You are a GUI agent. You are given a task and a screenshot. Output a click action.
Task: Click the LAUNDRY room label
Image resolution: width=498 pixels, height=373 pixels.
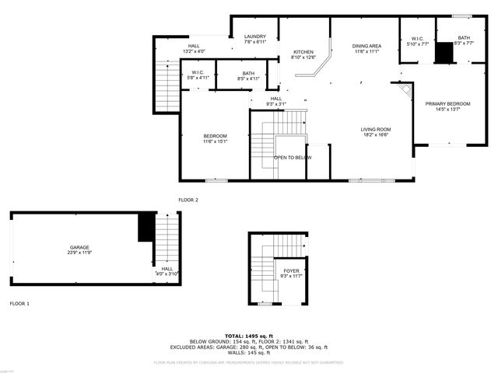[255, 37]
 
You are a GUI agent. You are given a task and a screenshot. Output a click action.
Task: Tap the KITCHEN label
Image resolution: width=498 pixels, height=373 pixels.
[303, 51]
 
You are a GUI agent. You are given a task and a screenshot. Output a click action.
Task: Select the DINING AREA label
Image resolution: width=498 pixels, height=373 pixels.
[366, 46]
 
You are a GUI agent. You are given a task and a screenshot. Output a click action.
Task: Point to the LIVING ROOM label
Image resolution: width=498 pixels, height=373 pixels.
[375, 129]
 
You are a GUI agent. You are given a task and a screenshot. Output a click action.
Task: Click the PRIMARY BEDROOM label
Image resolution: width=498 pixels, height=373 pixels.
[447, 103]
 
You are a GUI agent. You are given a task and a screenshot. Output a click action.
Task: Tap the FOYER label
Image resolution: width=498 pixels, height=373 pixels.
[291, 271]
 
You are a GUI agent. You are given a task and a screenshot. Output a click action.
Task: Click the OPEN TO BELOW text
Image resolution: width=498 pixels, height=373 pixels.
[293, 158]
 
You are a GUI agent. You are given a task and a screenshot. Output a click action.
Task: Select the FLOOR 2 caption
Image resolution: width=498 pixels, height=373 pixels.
[188, 200]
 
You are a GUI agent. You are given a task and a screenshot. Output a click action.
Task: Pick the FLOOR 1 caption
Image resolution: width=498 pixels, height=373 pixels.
[19, 303]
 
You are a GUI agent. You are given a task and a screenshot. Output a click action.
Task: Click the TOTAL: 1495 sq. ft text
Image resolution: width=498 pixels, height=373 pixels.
[249, 335]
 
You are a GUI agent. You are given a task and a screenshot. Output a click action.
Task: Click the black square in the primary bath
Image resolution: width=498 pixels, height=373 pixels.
[444, 53]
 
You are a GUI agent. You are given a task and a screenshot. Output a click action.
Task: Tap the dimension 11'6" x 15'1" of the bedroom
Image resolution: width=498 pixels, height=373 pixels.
[215, 141]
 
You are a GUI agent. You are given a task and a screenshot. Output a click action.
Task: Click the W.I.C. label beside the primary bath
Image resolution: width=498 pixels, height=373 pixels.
[417, 38]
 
